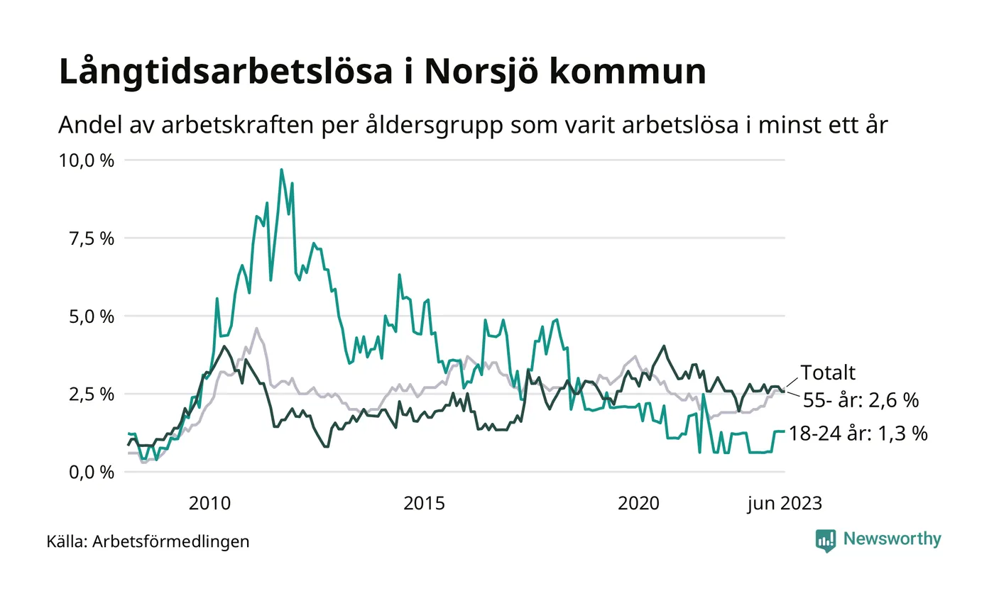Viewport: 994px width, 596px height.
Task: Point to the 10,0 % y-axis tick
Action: coord(85,160)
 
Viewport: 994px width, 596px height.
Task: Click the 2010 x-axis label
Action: coord(209,504)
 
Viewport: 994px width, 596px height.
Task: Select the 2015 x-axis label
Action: coord(424,504)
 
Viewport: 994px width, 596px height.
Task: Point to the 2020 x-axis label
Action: coord(639,504)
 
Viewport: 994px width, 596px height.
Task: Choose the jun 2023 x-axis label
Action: coord(785,504)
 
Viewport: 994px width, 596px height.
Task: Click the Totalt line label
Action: coord(828,373)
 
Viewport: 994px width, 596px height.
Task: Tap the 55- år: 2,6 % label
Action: coord(861,401)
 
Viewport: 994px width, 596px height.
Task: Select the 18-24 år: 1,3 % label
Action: coord(858,434)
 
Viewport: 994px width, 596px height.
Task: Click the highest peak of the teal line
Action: coord(281,170)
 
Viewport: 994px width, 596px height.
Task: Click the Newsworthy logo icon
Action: coord(826,541)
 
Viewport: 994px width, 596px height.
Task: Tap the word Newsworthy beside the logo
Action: coord(892,539)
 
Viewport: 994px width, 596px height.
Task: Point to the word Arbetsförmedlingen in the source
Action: coord(171,542)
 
